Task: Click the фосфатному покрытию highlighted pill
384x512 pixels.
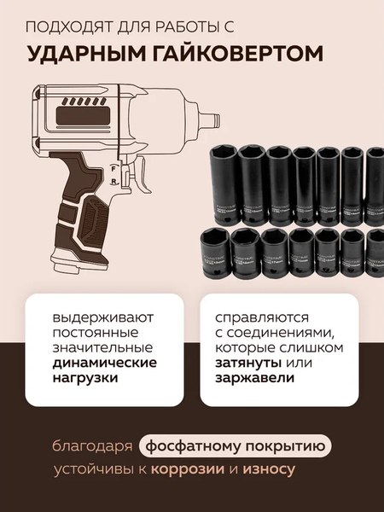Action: point(234,446)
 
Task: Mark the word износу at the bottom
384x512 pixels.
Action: point(295,469)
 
